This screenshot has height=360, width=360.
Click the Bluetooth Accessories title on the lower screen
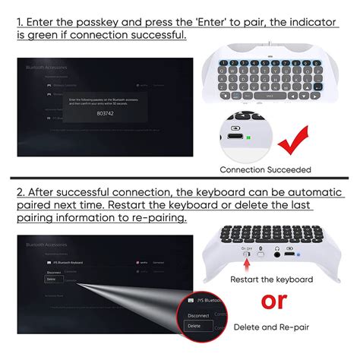tap(46, 247)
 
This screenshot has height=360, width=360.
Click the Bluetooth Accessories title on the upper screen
tap(47, 68)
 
